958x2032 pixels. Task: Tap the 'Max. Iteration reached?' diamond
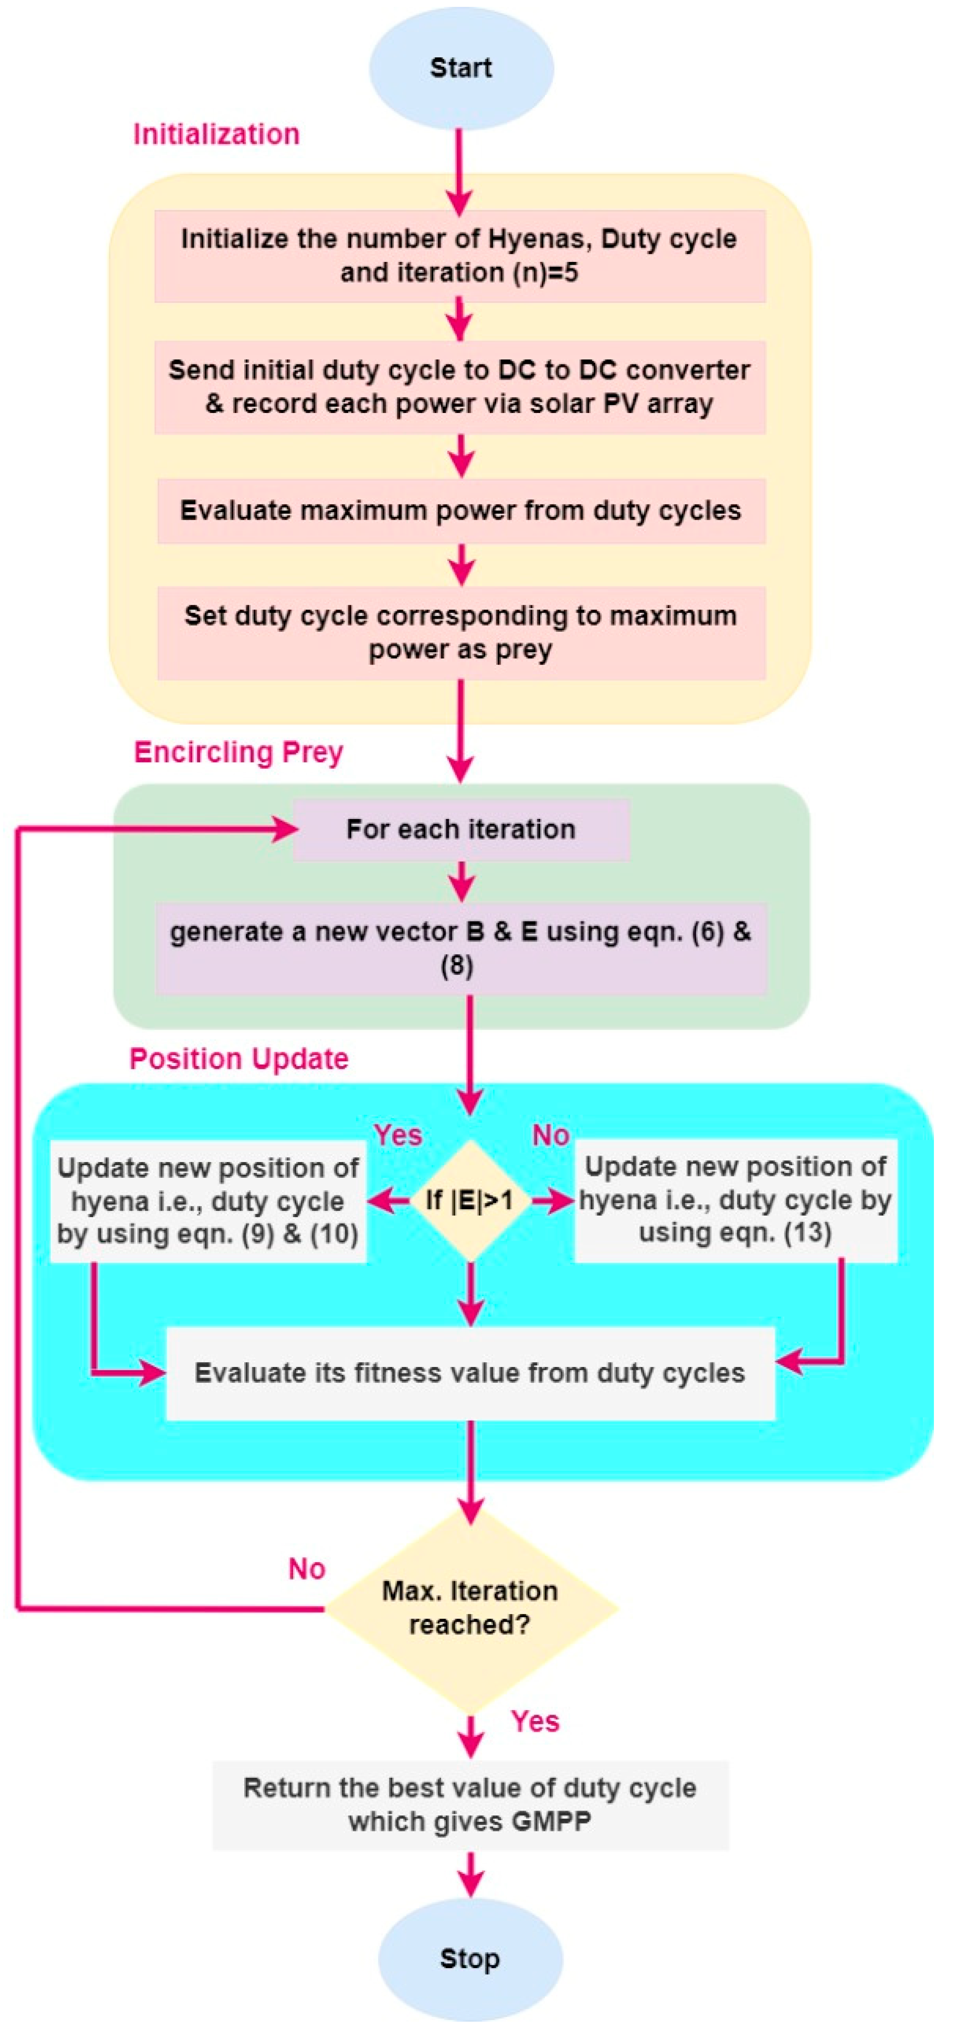pyautogui.click(x=470, y=1607)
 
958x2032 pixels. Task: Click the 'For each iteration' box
pyautogui.click(x=461, y=829)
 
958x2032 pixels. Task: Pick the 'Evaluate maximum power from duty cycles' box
pyautogui.click(x=461, y=510)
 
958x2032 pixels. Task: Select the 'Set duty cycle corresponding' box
pyautogui.click(x=461, y=632)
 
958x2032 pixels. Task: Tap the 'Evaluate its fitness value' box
pyautogui.click(x=470, y=1372)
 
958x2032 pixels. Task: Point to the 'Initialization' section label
pyautogui.click(x=216, y=134)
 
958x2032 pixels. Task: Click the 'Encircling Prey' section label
pyautogui.click(x=238, y=752)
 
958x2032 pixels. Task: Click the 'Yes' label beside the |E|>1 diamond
pyautogui.click(x=398, y=1135)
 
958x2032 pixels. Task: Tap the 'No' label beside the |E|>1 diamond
pyautogui.click(x=550, y=1135)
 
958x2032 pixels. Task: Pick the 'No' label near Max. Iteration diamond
pyautogui.click(x=307, y=1569)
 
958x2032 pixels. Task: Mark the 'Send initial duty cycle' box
pyautogui.click(x=460, y=387)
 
